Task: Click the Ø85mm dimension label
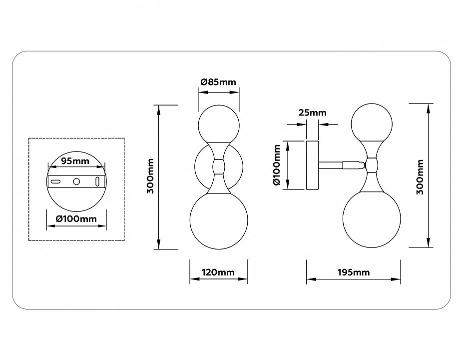(218, 81)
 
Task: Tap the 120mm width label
(218, 272)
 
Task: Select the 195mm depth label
(354, 272)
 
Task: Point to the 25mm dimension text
(313, 112)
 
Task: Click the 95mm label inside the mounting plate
(75, 161)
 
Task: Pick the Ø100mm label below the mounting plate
(76, 218)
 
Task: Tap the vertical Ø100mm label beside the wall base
(277, 165)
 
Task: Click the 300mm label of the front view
(150, 176)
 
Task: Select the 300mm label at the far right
(420, 177)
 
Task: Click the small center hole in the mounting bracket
(76, 181)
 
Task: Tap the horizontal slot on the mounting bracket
(55, 181)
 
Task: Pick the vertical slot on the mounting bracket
(97, 181)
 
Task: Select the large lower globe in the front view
(219, 220)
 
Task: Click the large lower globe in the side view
(372, 218)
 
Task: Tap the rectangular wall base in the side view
(313, 165)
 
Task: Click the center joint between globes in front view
(219, 166)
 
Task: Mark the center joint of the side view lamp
(372, 165)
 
